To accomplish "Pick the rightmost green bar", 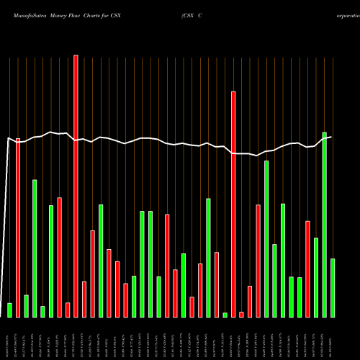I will pos(333,288).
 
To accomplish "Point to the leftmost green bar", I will pos(9,310).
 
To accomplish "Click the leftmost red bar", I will pos(18,228).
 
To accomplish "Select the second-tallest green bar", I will pos(266,238).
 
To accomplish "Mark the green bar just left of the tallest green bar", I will pos(316,277).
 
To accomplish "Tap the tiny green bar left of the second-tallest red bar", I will pos(225,315).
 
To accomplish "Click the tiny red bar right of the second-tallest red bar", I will pos(242,314).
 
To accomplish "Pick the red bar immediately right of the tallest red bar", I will pos(84,299).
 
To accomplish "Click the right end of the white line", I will pos(332,136).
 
